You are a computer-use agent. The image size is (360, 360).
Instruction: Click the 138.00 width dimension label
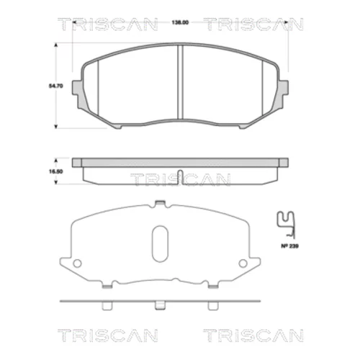180,22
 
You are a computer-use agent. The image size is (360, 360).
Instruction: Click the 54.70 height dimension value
56,86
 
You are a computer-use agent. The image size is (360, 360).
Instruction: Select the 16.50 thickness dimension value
56,171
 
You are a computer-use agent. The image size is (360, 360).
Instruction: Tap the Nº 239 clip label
290,246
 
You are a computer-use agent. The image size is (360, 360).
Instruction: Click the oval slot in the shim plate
160,243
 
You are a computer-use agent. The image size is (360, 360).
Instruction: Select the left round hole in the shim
77,264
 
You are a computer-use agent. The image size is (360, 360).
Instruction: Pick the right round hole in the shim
243,264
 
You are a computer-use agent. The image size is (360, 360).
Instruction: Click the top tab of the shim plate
160,203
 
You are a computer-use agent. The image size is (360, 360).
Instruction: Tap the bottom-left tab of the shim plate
107,286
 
